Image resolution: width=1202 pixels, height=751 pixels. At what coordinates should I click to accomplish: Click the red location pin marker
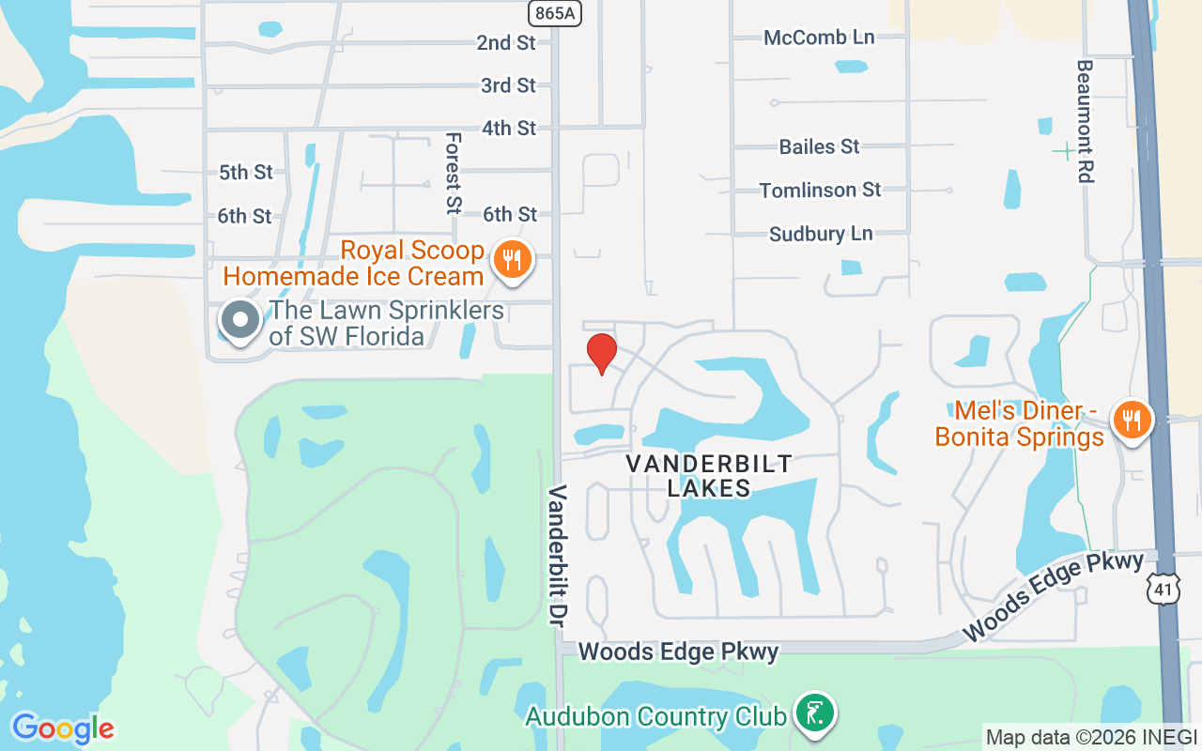[x=601, y=353]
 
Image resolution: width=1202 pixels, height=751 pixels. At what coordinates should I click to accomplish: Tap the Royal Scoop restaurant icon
[x=511, y=258]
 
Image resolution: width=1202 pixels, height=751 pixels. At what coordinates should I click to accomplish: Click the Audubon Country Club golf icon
[x=815, y=713]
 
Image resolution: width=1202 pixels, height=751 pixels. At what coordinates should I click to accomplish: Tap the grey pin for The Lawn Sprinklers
[x=240, y=319]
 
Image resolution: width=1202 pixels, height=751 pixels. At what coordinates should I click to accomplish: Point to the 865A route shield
[x=554, y=12]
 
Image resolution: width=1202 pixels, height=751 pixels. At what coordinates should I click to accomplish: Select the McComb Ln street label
[x=819, y=38]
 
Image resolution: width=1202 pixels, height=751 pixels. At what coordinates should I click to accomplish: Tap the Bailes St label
[x=819, y=146]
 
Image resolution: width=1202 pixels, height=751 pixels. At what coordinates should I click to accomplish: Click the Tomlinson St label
[x=820, y=190]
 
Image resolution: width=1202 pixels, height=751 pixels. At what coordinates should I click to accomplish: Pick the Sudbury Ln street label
[x=821, y=234]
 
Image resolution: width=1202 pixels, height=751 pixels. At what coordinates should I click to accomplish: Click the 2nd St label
[x=505, y=42]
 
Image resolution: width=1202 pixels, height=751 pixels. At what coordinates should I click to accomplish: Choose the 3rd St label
[x=508, y=85]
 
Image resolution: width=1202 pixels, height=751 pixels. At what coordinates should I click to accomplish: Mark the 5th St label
[x=245, y=172]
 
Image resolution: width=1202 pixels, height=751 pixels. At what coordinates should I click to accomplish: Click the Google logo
[x=63, y=728]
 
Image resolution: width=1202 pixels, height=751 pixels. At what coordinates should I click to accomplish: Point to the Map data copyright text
[x=1091, y=737]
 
